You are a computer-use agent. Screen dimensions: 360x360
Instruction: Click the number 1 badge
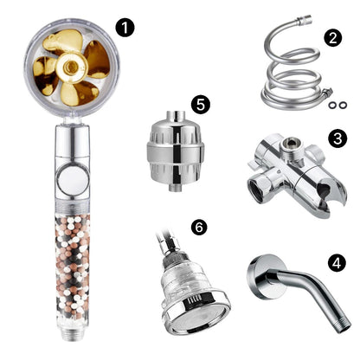125,28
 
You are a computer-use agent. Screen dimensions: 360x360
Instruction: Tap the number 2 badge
333,38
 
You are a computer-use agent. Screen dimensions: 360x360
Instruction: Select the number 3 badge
337,138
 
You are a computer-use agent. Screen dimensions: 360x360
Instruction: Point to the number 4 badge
337,263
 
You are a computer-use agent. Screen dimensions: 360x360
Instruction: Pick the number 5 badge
201,104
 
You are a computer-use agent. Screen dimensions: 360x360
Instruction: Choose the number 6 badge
199,228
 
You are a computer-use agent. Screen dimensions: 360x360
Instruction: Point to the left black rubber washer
331,106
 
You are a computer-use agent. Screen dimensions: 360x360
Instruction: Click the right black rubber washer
343,105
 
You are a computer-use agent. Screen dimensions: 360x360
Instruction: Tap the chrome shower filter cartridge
176,151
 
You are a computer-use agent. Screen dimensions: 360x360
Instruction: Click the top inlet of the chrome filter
176,116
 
